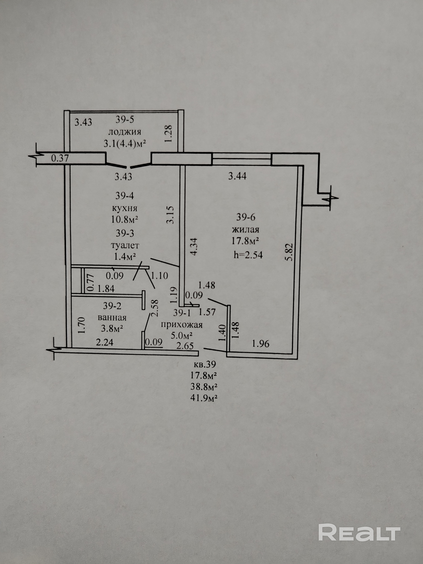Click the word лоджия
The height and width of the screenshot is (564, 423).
click(x=125, y=132)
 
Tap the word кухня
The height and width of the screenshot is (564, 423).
click(x=125, y=208)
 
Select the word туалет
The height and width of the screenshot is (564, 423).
click(x=125, y=245)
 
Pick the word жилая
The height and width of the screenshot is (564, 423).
click(x=245, y=229)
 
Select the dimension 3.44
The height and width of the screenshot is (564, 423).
click(x=237, y=176)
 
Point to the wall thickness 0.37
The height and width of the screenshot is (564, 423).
click(x=60, y=158)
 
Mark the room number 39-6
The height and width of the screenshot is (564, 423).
click(x=245, y=217)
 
